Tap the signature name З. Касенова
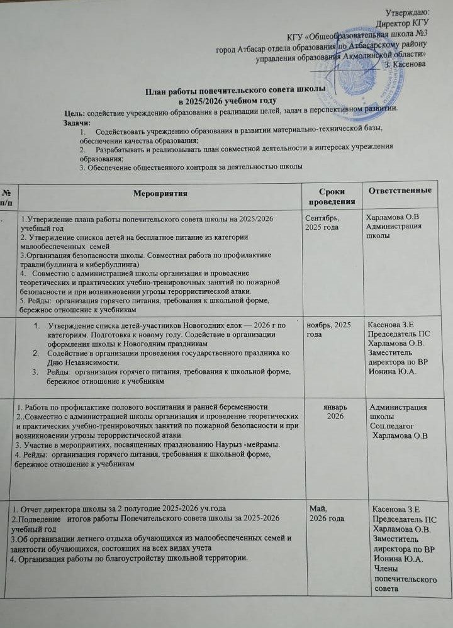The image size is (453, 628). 410,64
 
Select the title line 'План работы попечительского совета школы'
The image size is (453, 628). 235,89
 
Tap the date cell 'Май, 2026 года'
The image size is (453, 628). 323,513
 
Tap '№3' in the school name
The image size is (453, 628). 420,32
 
